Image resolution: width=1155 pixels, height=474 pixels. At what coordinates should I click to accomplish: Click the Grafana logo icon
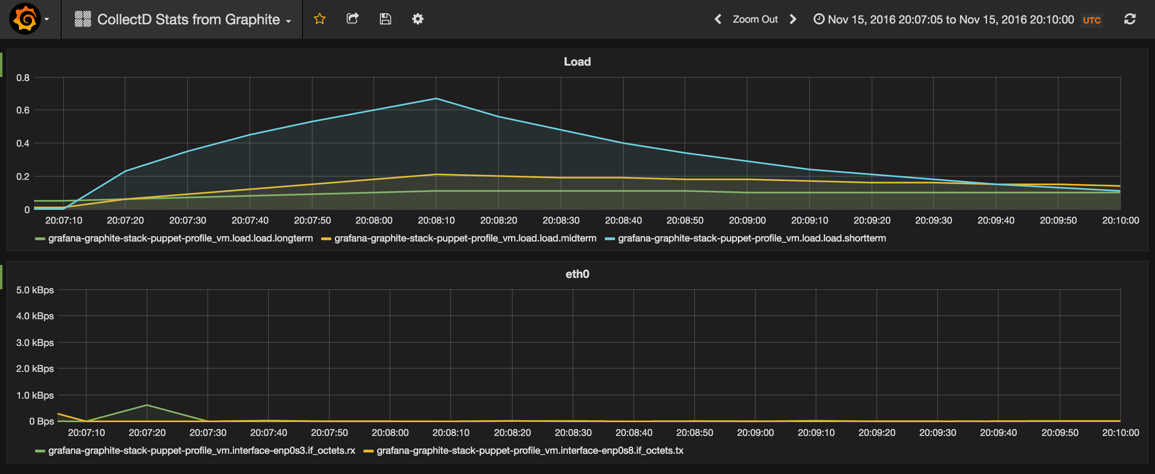(x=25, y=19)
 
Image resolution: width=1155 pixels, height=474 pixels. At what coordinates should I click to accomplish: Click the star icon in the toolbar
(x=319, y=19)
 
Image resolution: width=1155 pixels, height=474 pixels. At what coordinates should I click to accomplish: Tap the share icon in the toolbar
(x=352, y=19)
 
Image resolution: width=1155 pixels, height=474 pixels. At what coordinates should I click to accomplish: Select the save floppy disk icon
(x=385, y=19)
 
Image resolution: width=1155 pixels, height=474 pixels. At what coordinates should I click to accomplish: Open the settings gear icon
(x=418, y=19)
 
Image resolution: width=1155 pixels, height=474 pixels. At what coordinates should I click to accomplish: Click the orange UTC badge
(x=1091, y=20)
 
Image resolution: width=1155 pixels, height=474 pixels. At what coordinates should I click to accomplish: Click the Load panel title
(x=577, y=62)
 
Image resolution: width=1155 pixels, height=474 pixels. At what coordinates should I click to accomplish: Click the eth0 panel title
(x=577, y=274)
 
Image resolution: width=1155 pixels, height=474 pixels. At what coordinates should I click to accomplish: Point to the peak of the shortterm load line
(x=436, y=99)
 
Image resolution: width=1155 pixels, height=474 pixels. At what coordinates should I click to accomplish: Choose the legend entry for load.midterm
(x=465, y=239)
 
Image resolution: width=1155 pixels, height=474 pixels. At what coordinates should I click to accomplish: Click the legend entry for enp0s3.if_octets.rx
(x=201, y=451)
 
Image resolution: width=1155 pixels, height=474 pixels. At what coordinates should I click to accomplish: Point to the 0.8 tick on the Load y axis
(x=23, y=77)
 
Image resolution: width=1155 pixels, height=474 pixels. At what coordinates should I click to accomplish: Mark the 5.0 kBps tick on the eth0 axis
(x=35, y=290)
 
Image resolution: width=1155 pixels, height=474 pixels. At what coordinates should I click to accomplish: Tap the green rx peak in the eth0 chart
(x=147, y=406)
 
